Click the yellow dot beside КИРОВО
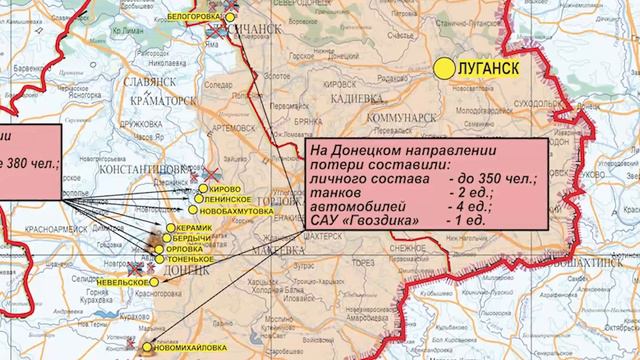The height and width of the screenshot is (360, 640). point(202,188)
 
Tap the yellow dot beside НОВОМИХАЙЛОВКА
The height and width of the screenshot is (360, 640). point(149,349)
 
